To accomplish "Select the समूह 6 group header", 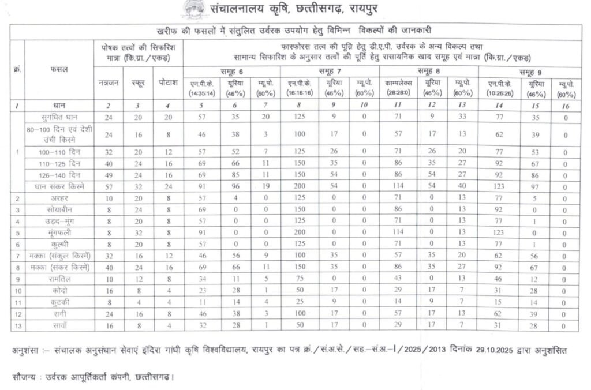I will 232,70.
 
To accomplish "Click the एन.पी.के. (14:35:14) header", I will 202,88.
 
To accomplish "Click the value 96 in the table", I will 235,186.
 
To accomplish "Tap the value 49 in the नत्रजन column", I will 108,175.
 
